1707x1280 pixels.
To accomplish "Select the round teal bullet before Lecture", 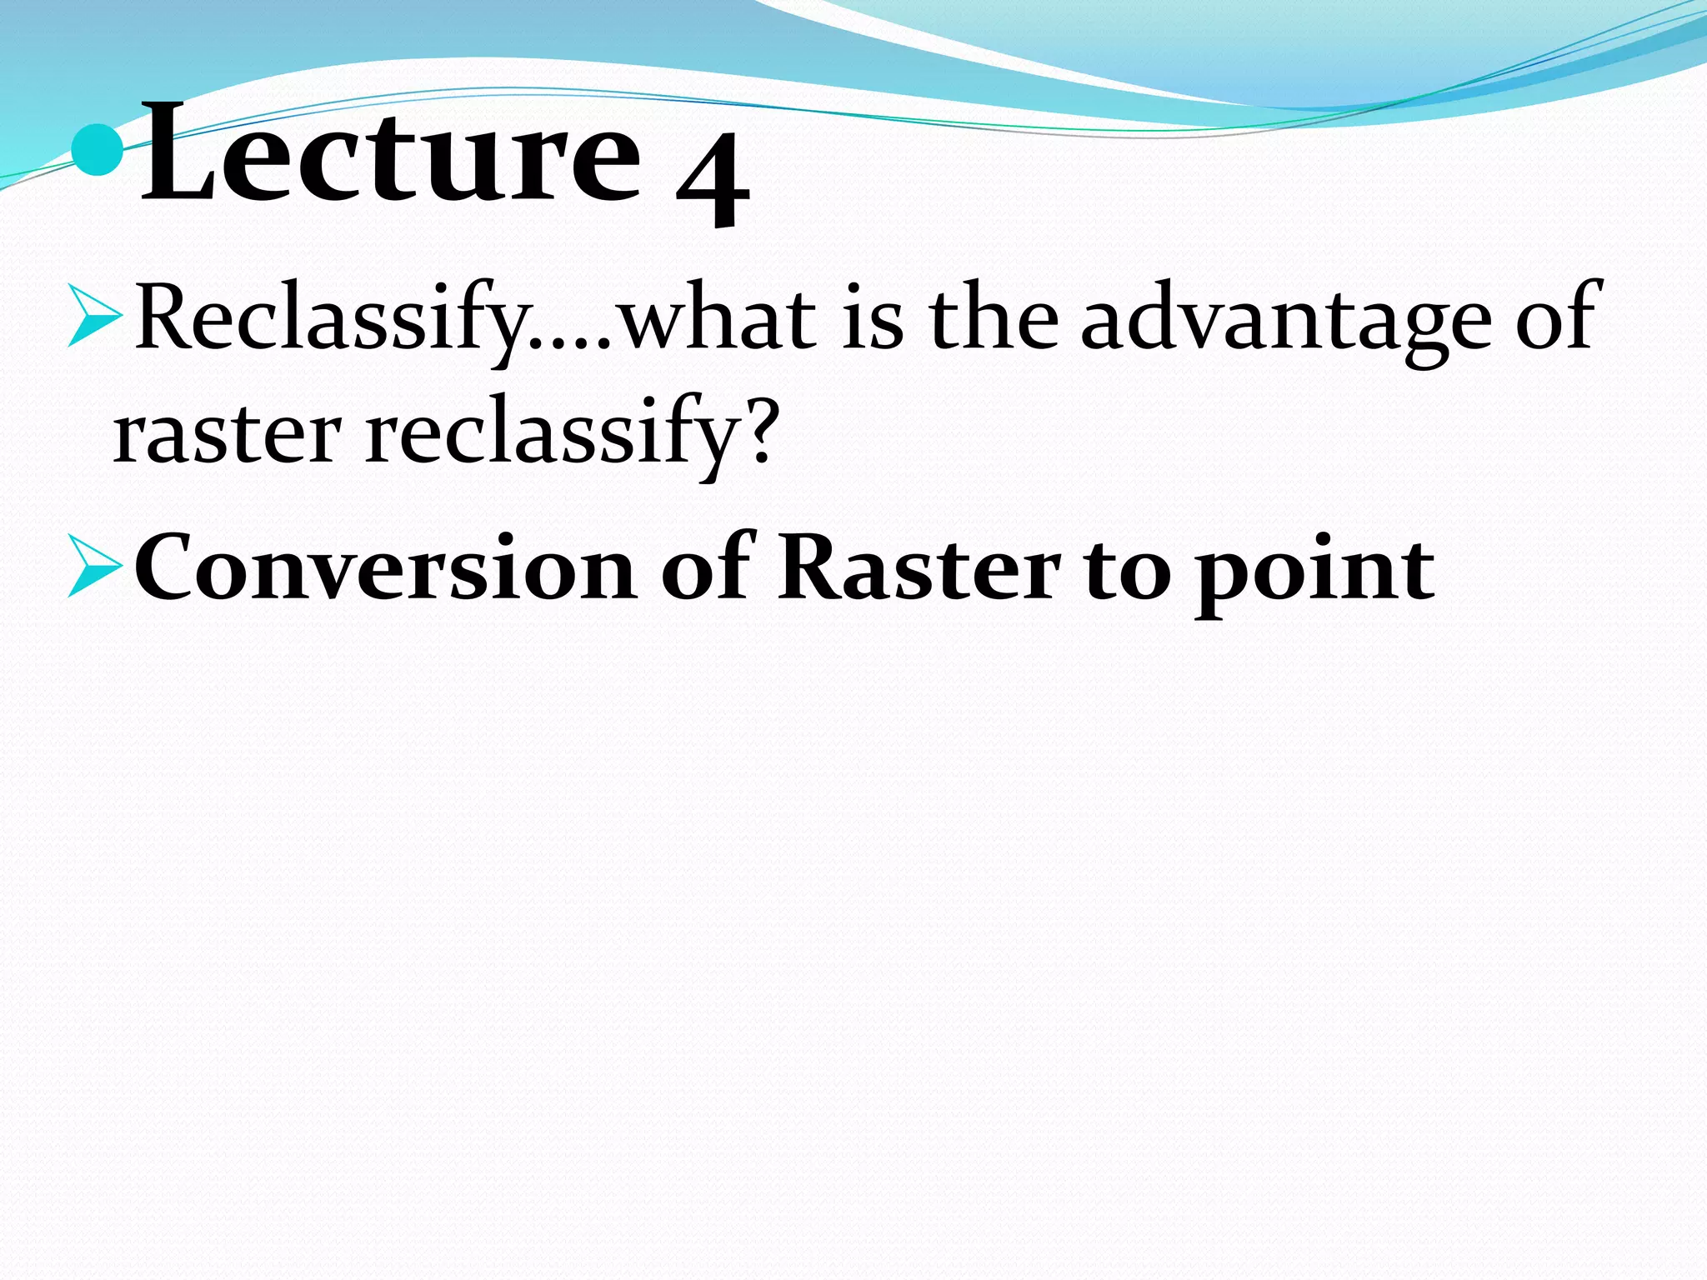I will pos(98,149).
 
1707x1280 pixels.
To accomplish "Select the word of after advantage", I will pos(1555,317).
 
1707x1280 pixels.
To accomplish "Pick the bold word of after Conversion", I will pos(708,567).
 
